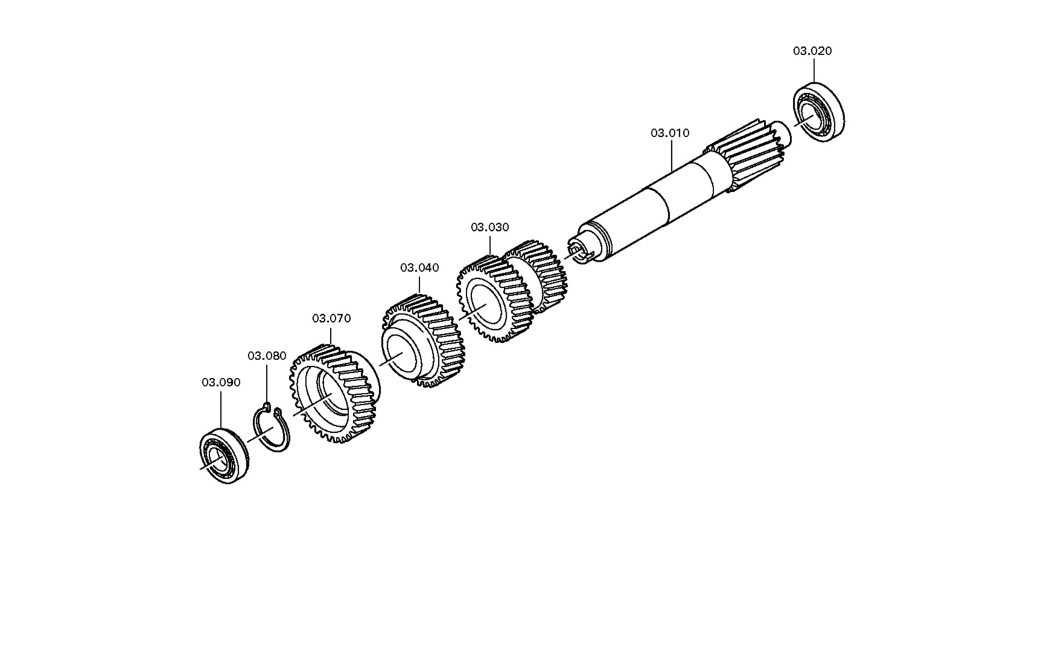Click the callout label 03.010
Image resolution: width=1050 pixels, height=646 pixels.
pos(670,133)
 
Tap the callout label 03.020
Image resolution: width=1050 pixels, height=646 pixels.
pos(812,51)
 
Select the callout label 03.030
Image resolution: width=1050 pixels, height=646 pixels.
pos(490,227)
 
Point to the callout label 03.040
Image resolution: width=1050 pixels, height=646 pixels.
pos(419,268)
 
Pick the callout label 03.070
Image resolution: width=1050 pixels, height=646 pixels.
pos(331,319)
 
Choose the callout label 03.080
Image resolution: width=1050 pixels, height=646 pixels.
pos(266,356)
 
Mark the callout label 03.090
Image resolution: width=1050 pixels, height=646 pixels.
pos(220,382)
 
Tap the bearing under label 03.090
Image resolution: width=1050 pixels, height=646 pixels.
pos(224,456)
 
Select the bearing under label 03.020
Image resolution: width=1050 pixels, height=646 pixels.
pos(818,112)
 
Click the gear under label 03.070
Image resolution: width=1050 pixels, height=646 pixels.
pos(335,394)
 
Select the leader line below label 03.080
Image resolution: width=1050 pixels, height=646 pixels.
pos(266,383)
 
